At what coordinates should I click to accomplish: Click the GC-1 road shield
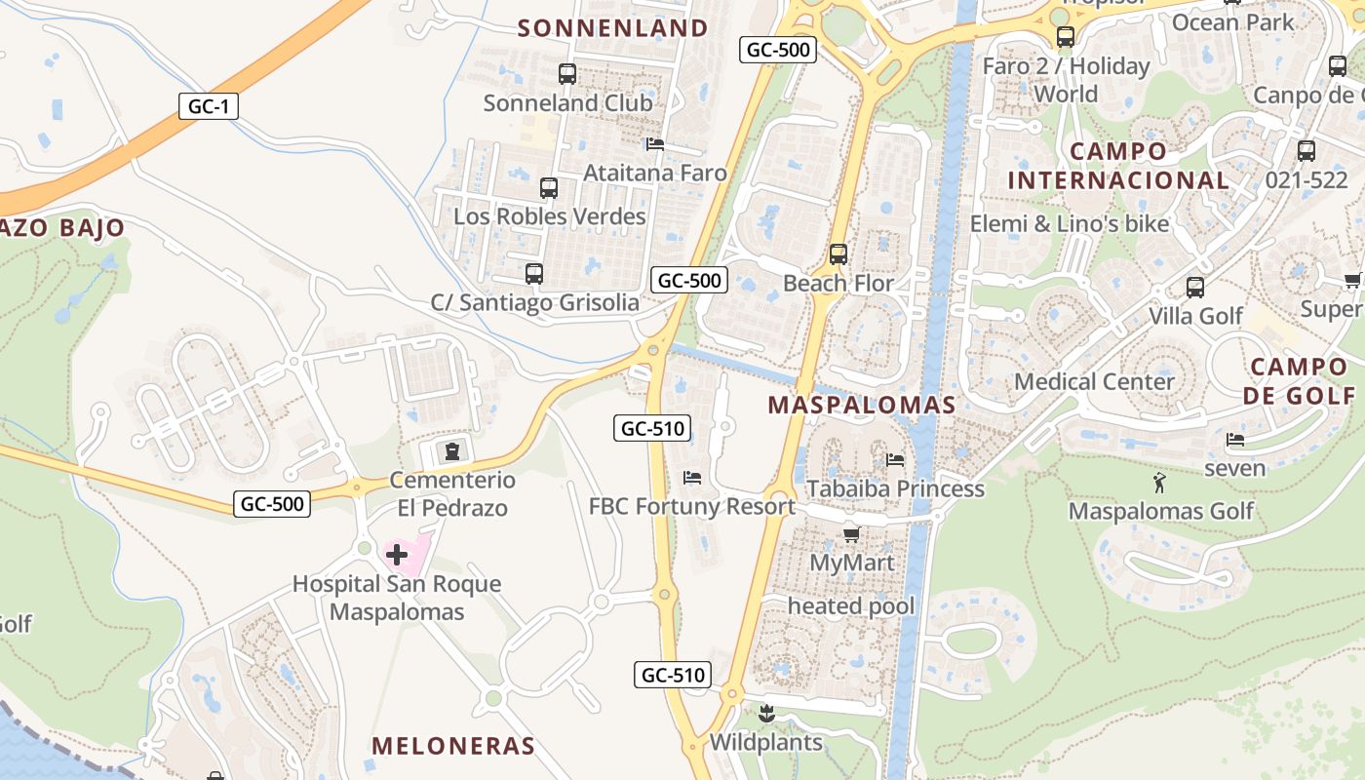(x=208, y=106)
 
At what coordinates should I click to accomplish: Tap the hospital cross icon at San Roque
(x=397, y=556)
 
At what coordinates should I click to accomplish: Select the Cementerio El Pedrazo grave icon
(x=452, y=451)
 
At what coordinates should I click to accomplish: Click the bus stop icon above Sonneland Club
(x=566, y=73)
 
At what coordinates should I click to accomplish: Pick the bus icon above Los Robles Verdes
(x=549, y=187)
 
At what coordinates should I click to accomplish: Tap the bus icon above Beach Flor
(x=838, y=254)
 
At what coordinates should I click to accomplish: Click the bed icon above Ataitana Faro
(x=655, y=144)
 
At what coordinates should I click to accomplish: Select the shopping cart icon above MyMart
(x=851, y=534)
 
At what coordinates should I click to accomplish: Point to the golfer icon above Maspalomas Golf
(x=1159, y=482)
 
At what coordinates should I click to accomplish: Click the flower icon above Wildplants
(x=765, y=713)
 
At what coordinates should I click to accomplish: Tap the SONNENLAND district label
(x=612, y=28)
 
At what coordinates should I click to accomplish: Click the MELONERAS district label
(x=453, y=746)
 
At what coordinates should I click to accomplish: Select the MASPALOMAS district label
(x=862, y=405)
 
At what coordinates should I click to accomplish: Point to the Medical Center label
(x=1094, y=381)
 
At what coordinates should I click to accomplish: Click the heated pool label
(x=851, y=606)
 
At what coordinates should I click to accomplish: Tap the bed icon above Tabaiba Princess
(x=895, y=459)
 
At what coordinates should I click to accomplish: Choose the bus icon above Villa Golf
(x=1195, y=288)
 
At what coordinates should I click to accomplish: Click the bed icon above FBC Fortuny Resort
(x=692, y=478)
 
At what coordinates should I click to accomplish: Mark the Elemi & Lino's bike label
(x=1070, y=224)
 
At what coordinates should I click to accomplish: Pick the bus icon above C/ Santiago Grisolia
(x=534, y=274)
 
